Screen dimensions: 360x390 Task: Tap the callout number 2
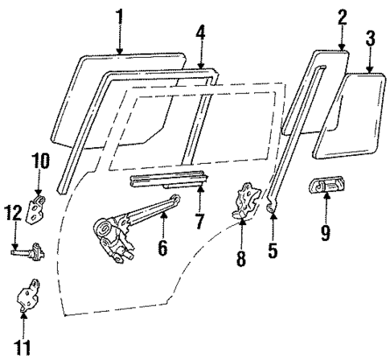pyautogui.click(x=342, y=15)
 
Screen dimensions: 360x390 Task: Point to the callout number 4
pyautogui.click(x=201, y=32)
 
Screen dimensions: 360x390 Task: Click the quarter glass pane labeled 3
pyautogui.click(x=348, y=112)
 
